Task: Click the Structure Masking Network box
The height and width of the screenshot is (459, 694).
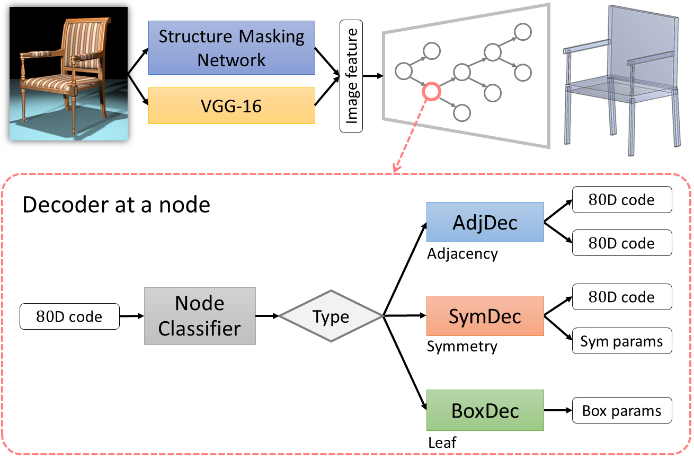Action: pyautogui.click(x=232, y=48)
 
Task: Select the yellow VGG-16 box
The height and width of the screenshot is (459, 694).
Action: pyautogui.click(x=232, y=106)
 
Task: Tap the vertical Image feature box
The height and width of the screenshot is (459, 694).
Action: pyautogui.click(x=351, y=76)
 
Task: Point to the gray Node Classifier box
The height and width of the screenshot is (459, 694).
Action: pyautogui.click(x=200, y=316)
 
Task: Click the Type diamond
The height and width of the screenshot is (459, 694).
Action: pyautogui.click(x=331, y=316)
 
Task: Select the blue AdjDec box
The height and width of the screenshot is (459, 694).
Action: pyautogui.click(x=485, y=222)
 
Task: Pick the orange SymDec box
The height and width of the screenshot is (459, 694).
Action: pyautogui.click(x=485, y=316)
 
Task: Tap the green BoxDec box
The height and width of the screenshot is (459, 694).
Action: pyautogui.click(x=485, y=410)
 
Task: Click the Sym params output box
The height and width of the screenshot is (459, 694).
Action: pyautogui.click(x=621, y=341)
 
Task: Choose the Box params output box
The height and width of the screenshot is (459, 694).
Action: pyautogui.click(x=621, y=411)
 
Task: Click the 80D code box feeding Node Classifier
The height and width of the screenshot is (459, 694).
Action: pyautogui.click(x=69, y=316)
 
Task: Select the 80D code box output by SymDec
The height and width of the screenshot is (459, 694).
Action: pyautogui.click(x=621, y=297)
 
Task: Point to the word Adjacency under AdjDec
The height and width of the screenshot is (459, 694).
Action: pyautogui.click(x=462, y=253)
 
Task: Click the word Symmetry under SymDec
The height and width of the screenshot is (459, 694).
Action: pyautogui.click(x=462, y=347)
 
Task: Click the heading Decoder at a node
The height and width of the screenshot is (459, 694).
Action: pyautogui.click(x=117, y=205)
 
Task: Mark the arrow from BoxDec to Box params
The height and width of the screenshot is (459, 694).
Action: pyautogui.click(x=558, y=411)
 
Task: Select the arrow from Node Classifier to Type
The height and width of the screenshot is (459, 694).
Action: pyautogui.click(x=268, y=316)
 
